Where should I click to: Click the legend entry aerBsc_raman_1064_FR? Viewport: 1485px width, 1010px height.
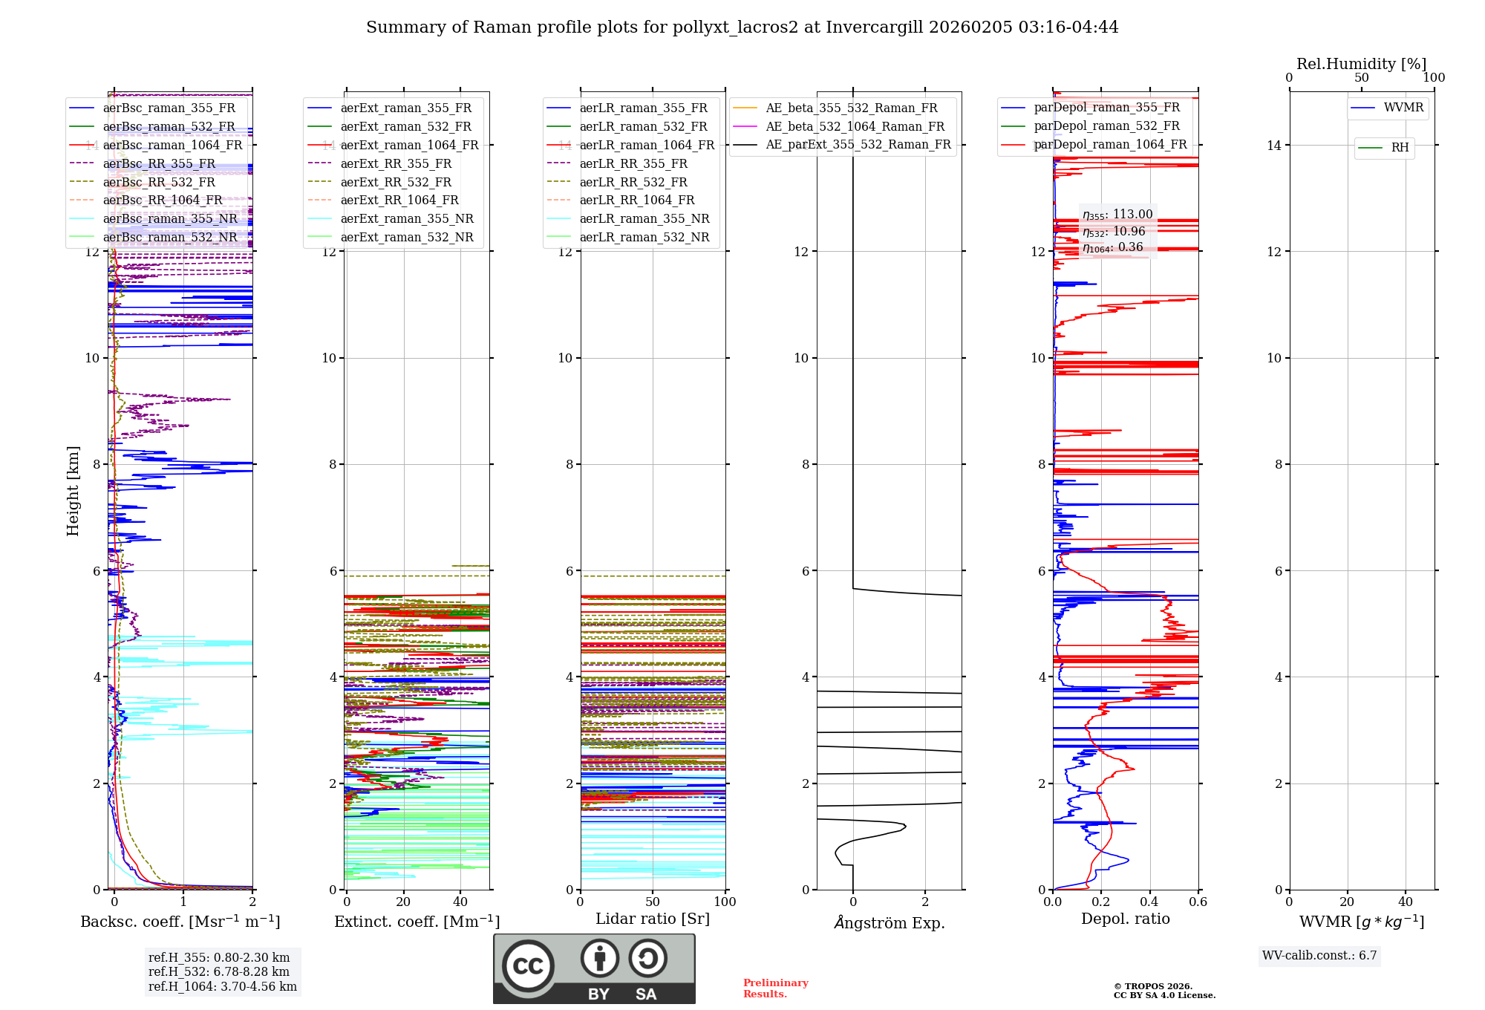[172, 146]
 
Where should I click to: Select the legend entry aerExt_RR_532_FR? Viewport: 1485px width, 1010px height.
[396, 182]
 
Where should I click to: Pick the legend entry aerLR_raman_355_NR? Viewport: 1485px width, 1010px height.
[644, 219]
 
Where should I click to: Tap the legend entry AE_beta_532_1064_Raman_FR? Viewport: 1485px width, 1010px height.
[855, 127]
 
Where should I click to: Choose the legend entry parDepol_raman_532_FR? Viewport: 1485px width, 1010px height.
[1106, 126]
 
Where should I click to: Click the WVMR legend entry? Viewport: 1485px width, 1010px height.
[1403, 108]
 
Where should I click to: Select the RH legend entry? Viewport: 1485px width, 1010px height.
[1400, 148]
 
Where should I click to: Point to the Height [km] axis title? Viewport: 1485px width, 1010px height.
[73, 491]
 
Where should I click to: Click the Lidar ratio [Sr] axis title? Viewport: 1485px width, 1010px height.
[652, 919]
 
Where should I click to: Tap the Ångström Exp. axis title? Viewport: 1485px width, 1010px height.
[889, 923]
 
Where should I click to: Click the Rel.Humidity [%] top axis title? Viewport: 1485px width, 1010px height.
[1361, 64]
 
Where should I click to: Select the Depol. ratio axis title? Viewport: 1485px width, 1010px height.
[1125, 919]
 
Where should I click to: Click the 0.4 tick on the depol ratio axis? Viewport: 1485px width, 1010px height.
[1149, 902]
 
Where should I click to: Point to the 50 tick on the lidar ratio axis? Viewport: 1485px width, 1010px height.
[653, 902]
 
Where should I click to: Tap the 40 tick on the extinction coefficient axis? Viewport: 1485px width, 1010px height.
[460, 902]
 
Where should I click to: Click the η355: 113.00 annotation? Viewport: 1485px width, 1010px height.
[1117, 215]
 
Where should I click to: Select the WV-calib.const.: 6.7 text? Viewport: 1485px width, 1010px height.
[1319, 956]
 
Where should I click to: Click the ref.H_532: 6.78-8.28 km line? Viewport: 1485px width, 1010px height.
[218, 972]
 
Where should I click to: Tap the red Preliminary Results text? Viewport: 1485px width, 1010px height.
[775, 988]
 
